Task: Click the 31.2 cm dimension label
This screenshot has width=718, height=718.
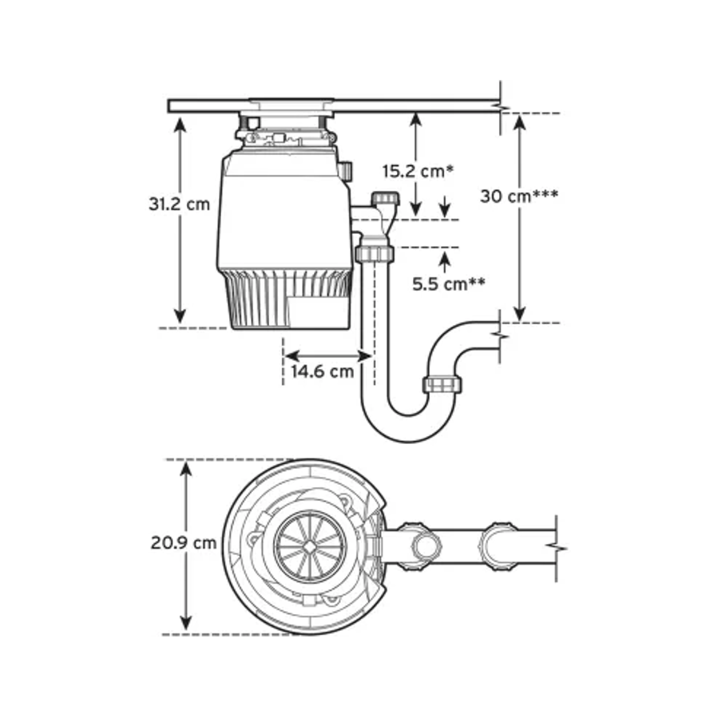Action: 179,204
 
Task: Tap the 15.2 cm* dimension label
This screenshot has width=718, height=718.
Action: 418,170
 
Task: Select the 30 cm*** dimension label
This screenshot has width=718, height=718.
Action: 519,196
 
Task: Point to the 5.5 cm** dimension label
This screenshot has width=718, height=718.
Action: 450,283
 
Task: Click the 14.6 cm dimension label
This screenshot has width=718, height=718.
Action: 322,371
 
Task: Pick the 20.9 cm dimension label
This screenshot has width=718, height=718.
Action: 184,543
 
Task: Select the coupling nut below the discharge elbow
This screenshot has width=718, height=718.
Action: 375,255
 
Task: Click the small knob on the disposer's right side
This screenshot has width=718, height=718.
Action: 347,171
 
